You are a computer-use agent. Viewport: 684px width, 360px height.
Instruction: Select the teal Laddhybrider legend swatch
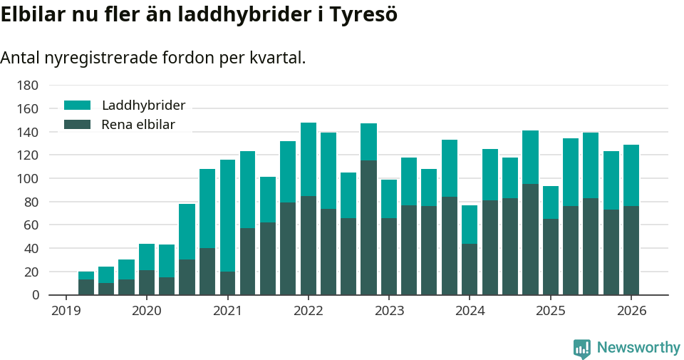click(78, 106)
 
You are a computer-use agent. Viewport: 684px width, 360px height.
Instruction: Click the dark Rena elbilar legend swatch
click(78, 125)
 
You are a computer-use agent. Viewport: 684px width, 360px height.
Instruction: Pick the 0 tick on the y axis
click(34, 295)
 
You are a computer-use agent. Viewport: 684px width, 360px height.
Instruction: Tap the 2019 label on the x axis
click(66, 311)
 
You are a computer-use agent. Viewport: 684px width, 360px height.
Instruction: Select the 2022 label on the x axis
click(308, 311)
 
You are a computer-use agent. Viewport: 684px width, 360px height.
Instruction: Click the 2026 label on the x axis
click(631, 311)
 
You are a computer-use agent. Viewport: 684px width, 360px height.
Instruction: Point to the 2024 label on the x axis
click(470, 311)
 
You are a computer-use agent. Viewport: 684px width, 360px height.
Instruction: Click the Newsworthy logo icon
click(582, 348)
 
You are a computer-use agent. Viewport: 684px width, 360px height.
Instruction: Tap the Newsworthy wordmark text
click(638, 348)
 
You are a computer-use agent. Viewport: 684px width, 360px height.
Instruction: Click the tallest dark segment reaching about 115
click(368, 227)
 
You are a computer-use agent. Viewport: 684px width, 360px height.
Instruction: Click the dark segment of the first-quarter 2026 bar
click(631, 250)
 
